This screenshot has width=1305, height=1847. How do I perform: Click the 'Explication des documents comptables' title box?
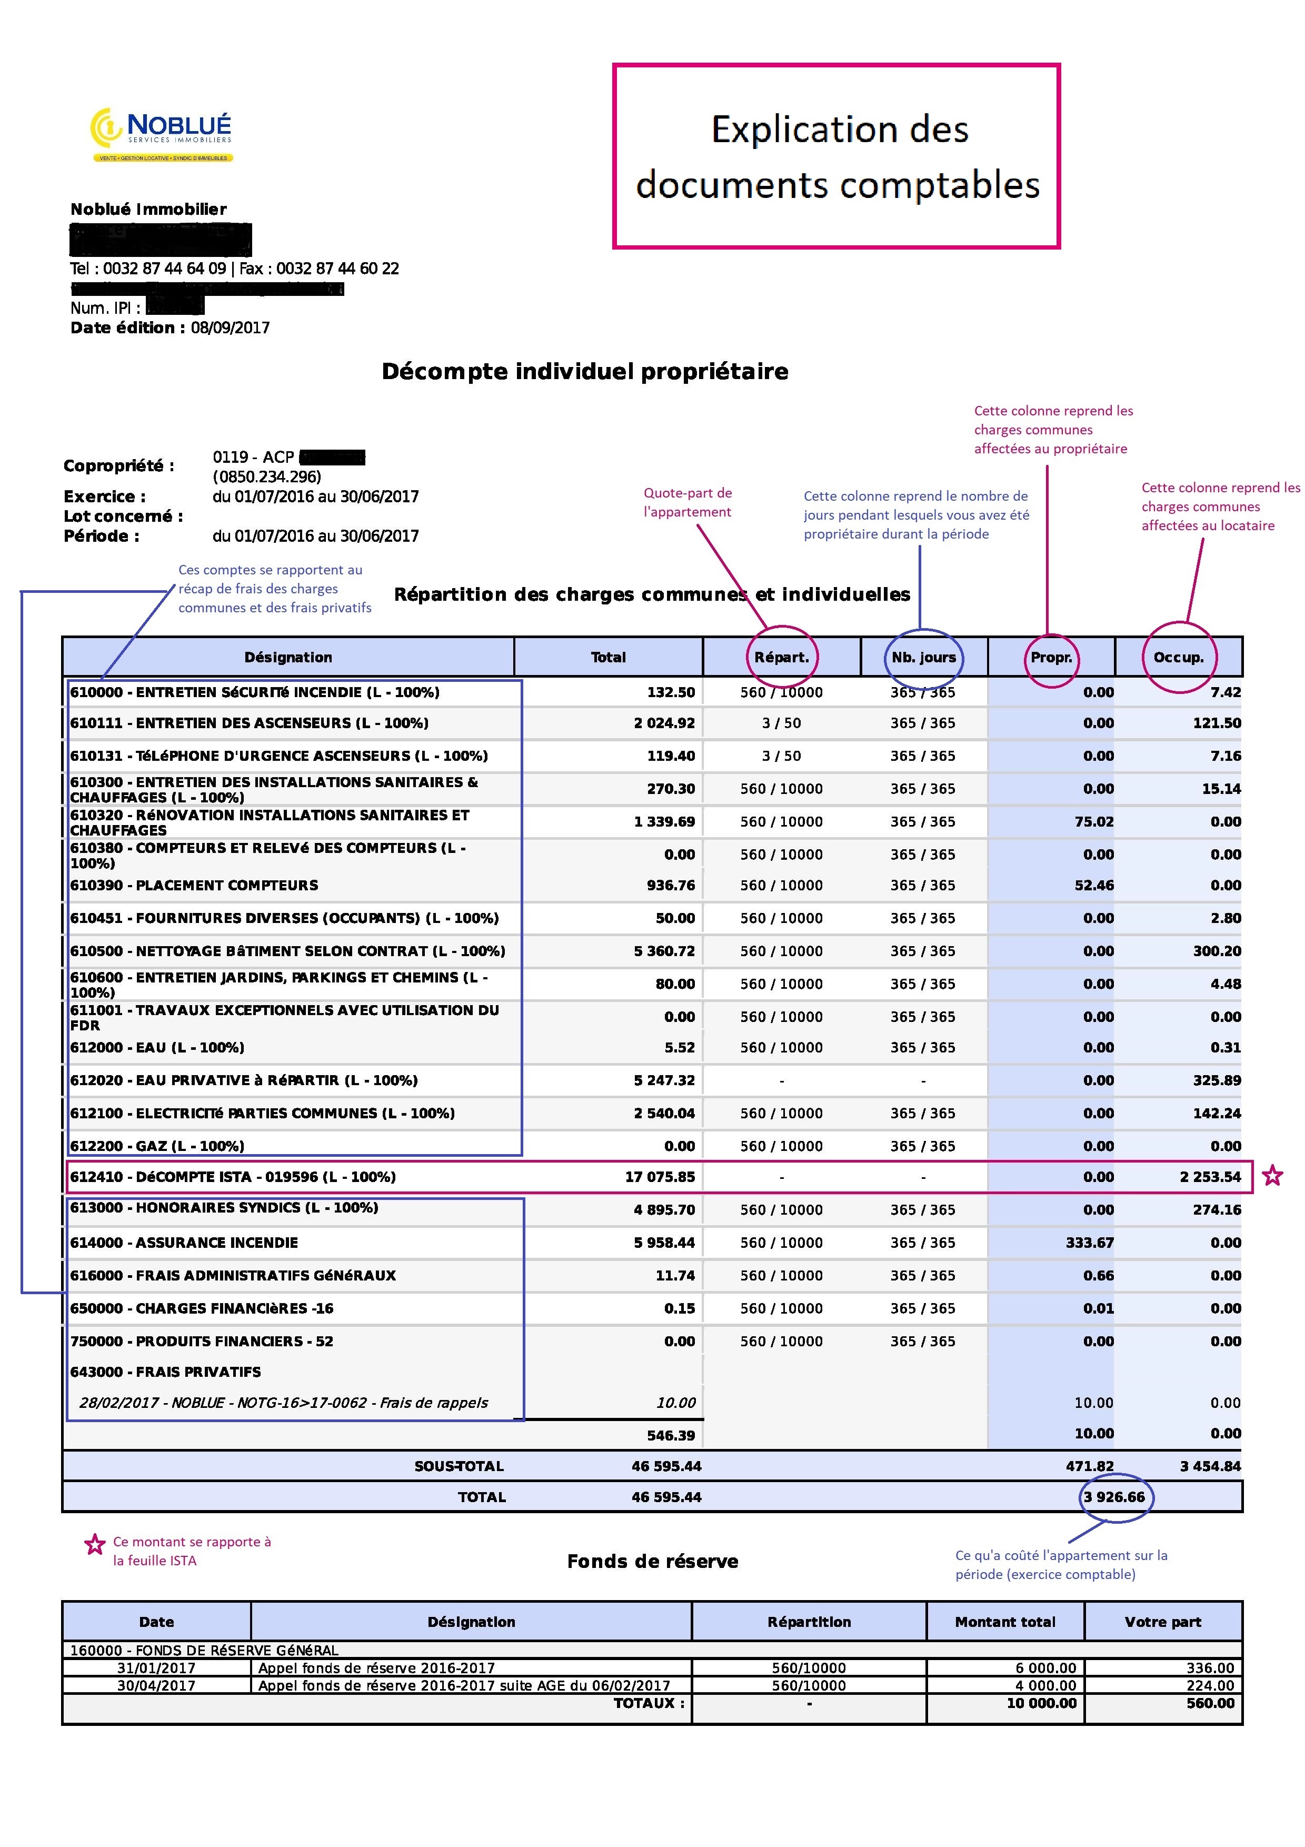coord(836,156)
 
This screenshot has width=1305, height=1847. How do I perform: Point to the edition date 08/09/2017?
coord(230,327)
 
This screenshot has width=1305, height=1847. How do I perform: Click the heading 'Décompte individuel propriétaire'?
coord(584,372)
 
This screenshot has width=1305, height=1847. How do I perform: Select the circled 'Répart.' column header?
coord(782,657)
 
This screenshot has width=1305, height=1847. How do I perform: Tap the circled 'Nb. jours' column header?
coord(923,657)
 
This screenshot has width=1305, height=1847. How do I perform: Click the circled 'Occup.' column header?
coord(1178,657)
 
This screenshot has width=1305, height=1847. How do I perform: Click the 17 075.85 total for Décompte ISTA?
coord(659,1177)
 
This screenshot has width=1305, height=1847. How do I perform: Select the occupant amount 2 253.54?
coord(1210,1177)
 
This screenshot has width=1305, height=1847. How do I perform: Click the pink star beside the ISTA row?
coord(1272,1176)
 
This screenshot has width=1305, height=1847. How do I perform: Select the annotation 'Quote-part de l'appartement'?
coord(688,502)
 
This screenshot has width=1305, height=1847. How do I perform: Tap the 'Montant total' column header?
coord(1004,1622)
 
